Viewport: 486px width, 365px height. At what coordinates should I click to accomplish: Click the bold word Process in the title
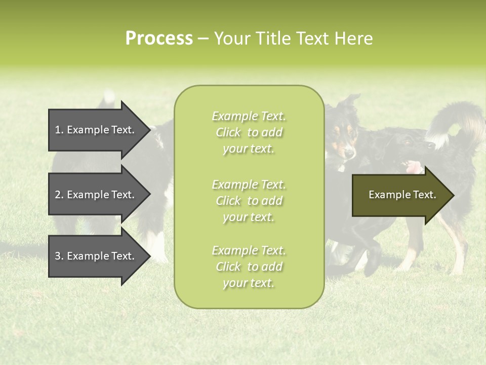(159, 39)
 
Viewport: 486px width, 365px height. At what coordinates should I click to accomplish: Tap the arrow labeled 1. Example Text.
(96, 130)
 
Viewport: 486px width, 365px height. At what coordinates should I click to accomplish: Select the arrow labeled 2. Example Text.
(96, 195)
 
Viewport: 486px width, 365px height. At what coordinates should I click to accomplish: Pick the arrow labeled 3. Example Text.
(96, 256)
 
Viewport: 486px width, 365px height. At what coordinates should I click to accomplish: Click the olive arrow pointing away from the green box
(400, 195)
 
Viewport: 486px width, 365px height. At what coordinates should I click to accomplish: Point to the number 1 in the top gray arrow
(58, 130)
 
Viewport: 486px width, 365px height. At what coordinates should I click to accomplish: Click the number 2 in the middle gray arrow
(58, 195)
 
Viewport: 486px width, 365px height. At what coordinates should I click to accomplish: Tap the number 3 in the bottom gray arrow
(58, 256)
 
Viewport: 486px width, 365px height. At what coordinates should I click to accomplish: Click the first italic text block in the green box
(249, 132)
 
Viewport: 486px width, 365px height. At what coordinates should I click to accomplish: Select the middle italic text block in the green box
(249, 201)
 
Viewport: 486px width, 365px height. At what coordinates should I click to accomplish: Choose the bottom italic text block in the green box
(249, 267)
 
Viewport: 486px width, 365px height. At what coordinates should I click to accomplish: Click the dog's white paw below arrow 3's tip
(158, 253)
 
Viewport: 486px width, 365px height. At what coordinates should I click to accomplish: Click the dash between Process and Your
(203, 39)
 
